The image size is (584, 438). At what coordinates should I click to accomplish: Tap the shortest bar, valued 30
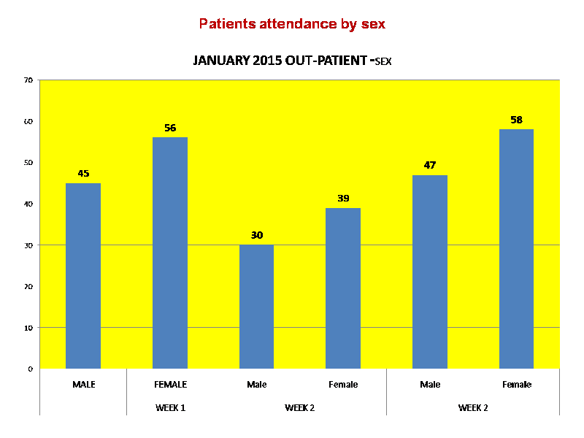click(256, 307)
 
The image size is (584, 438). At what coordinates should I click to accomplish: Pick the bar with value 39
click(343, 288)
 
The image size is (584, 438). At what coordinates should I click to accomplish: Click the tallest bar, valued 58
click(516, 249)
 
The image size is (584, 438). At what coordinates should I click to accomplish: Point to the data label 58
click(516, 120)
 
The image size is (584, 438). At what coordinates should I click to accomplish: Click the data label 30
click(256, 235)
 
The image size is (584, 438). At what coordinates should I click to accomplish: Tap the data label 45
click(83, 174)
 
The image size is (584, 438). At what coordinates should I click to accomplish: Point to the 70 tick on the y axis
click(28, 80)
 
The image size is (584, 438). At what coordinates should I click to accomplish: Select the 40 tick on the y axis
click(28, 204)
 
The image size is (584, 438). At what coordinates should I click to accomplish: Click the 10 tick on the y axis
click(28, 328)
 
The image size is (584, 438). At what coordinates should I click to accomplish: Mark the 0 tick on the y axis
click(31, 369)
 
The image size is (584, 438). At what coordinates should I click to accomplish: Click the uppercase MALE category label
click(83, 384)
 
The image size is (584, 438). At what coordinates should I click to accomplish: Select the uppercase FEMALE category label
click(170, 384)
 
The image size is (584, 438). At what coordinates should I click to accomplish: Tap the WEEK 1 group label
click(170, 407)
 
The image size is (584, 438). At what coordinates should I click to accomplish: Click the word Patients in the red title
click(226, 24)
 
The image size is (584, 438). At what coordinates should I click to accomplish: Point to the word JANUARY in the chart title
click(221, 61)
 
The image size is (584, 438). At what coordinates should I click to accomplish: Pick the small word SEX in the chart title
click(383, 63)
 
